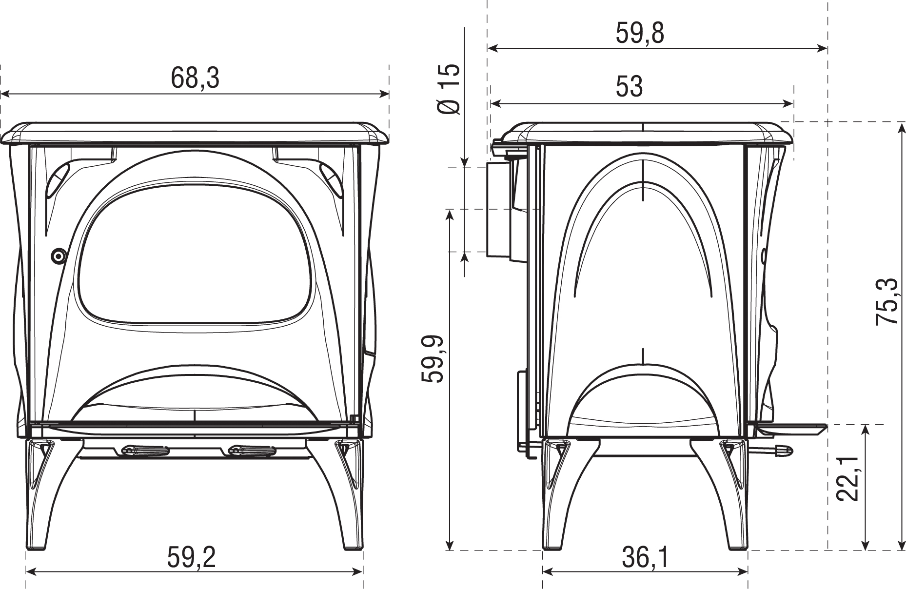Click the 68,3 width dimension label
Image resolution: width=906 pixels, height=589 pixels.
[x=195, y=78]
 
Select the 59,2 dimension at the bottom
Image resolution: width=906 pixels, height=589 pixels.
[x=192, y=557]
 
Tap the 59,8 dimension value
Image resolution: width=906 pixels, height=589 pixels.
[x=640, y=34]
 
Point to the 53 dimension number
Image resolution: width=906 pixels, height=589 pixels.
[x=630, y=87]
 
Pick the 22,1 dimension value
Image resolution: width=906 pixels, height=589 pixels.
[x=848, y=478]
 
